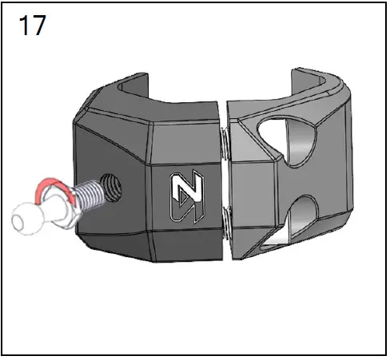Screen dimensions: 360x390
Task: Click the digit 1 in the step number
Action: click(23, 26)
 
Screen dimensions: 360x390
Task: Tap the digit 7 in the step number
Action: click(38, 26)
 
